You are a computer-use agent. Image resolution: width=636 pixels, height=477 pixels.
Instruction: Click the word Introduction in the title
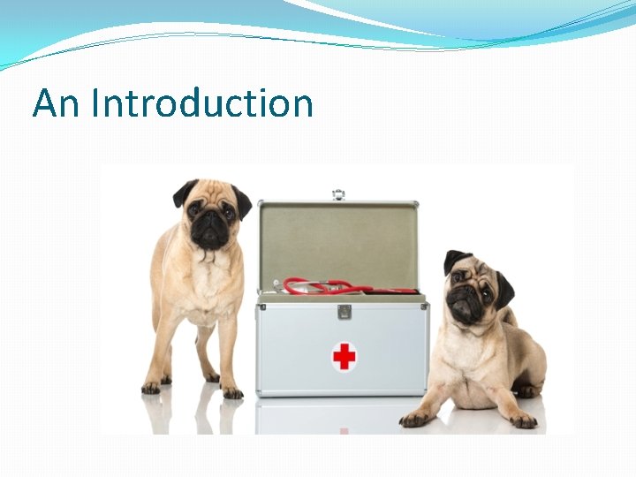click(x=202, y=103)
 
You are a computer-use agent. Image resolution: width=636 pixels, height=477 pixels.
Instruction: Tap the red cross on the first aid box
click(x=344, y=356)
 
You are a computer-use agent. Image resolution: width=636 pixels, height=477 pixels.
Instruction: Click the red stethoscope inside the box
click(x=344, y=287)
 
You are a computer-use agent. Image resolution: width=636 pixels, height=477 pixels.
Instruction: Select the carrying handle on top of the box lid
click(x=338, y=194)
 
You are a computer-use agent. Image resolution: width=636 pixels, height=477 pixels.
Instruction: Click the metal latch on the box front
click(x=344, y=312)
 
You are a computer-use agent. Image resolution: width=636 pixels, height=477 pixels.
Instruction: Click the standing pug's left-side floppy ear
click(x=184, y=192)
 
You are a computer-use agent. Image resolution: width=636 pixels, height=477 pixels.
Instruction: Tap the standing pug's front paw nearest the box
click(x=232, y=391)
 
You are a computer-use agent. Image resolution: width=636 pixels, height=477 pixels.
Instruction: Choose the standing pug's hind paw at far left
click(x=151, y=386)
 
